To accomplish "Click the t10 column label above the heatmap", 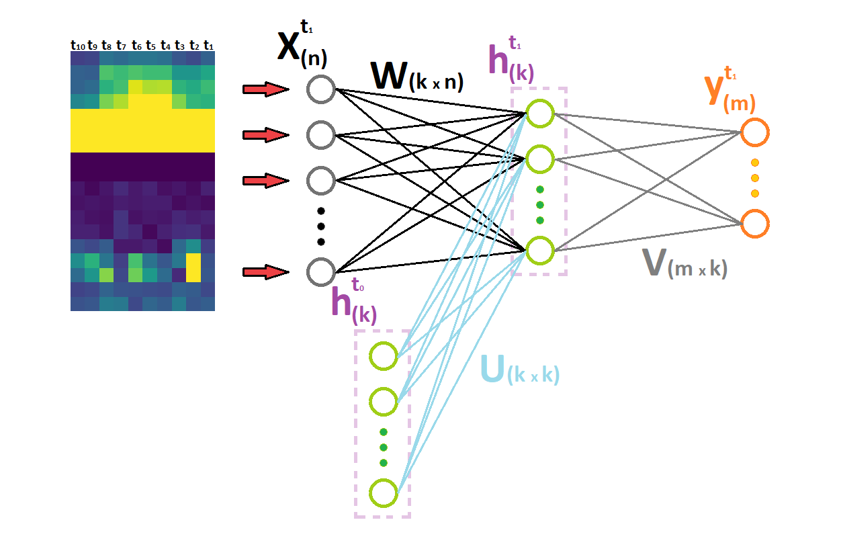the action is pos(78,46).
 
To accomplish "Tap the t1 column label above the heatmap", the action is pos(208,46).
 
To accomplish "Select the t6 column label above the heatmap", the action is pos(136,46).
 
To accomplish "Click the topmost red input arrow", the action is pos(266,89).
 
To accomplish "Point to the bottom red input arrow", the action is pos(266,272).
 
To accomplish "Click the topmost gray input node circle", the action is pos(320,89).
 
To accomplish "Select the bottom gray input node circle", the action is pos(320,272).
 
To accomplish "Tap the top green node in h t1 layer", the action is pos(540,113).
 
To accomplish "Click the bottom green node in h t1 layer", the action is pos(540,251).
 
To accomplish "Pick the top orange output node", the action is pos(754,132).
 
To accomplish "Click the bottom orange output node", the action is pos(754,224).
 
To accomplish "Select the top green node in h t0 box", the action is pos(384,355).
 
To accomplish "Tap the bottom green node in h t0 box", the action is pos(384,493).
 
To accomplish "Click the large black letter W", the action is pos(390,75).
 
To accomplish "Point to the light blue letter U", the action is pos(492,369).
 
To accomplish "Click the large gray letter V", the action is pos(654,262).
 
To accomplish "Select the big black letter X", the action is pos(288,46).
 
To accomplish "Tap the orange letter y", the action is pos(713,90).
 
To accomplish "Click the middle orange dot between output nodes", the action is pos(754,178).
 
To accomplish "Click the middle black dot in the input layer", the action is pos(320,226).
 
